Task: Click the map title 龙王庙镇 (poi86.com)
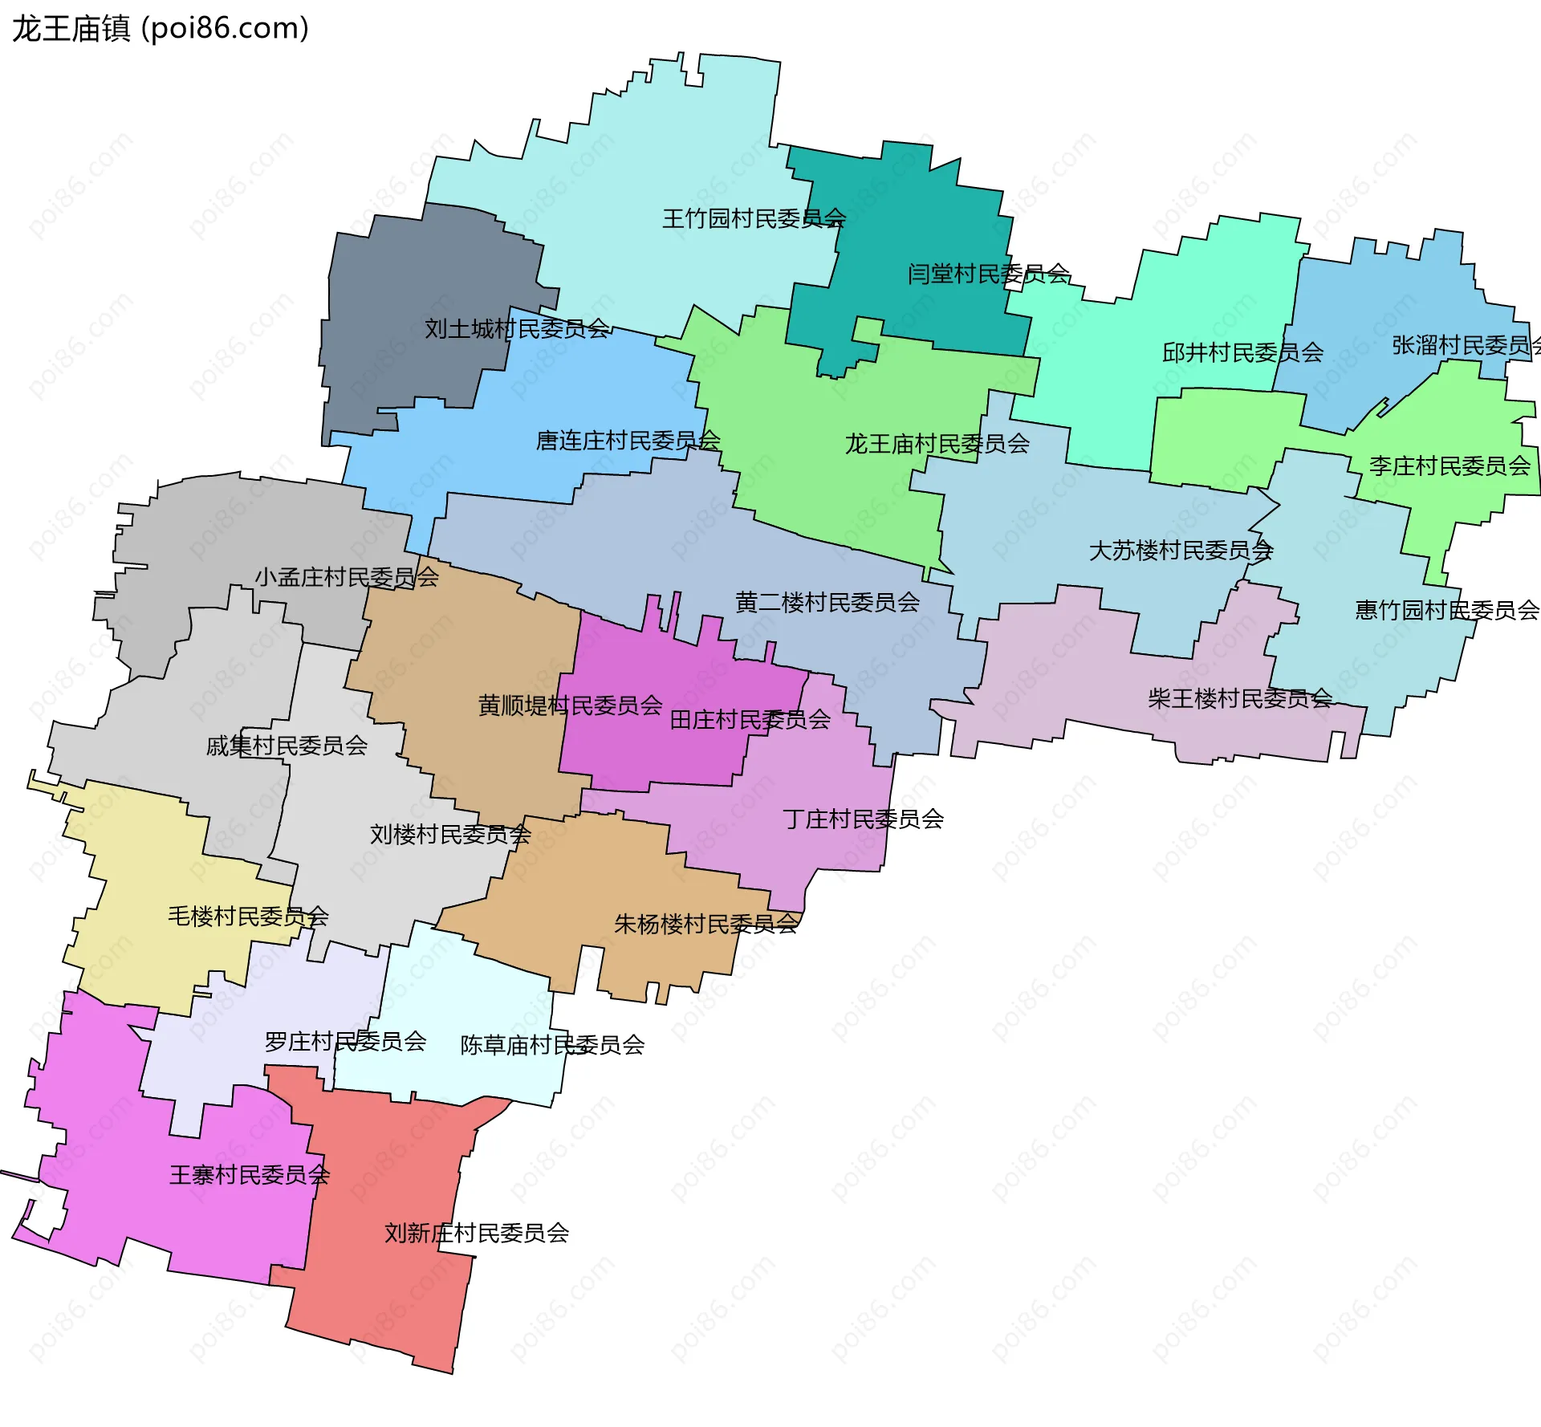(160, 29)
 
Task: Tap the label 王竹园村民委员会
(754, 218)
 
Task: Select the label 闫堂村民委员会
(988, 274)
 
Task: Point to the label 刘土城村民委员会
(517, 329)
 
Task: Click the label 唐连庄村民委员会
(628, 441)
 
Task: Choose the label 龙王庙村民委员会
(937, 444)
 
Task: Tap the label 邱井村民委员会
(1242, 352)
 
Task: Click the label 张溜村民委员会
(1466, 346)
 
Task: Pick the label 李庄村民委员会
(1450, 466)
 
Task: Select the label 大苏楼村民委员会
(1181, 551)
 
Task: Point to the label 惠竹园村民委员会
(1446, 611)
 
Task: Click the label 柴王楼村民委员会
(1239, 699)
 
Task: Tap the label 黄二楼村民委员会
(827, 603)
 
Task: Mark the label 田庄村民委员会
(750, 720)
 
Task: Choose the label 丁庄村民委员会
(863, 819)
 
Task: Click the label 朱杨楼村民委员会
(705, 925)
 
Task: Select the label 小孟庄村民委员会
(347, 577)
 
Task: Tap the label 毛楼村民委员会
(248, 917)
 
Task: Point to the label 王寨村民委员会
(250, 1176)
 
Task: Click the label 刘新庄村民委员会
(476, 1234)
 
